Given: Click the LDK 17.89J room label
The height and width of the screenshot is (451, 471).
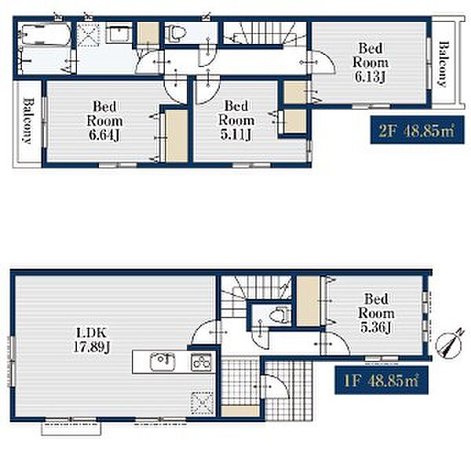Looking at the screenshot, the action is pos(91,340).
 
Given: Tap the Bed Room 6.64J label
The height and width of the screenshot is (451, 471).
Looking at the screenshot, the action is pos(104,121).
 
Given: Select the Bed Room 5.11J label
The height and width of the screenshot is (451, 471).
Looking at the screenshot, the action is pos(236,121).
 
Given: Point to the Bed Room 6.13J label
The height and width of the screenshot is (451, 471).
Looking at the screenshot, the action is pos(371,63).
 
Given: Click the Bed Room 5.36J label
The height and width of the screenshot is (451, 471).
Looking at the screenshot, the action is pos(376,313).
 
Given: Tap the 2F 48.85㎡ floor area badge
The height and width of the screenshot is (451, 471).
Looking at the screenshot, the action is pos(418,129).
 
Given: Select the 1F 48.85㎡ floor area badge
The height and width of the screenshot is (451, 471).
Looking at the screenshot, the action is pos(382,380).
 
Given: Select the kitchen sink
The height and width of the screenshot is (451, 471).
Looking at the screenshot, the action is pos(162,362).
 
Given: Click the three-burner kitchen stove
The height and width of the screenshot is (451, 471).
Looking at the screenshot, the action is pos(201,362).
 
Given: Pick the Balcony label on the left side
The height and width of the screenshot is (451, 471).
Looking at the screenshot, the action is pos(28,121).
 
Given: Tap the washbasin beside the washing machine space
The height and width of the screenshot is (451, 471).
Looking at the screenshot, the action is pos(120,35).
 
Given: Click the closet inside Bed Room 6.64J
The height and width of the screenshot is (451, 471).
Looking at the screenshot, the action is pos(177,136).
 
